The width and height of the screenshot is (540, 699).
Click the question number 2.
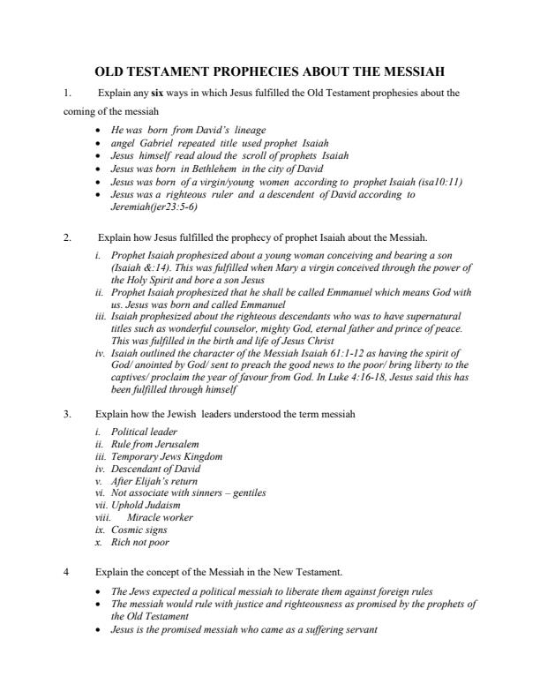point(68,237)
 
